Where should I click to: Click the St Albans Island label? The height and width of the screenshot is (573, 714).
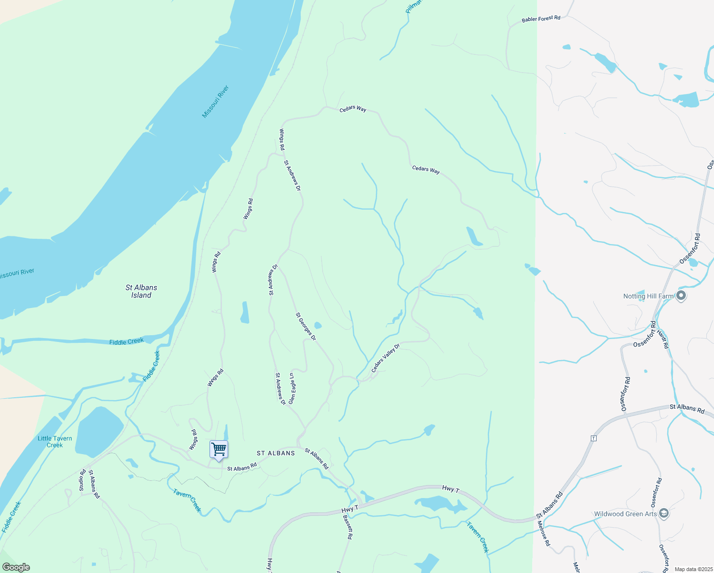[x=141, y=291]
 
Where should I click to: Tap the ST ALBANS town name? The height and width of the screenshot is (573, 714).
[x=276, y=453]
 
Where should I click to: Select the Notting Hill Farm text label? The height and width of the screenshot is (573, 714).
[x=648, y=296]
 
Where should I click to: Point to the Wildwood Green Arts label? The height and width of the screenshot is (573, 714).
[x=625, y=514]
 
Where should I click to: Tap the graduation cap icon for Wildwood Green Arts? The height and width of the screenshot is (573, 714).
[x=663, y=513]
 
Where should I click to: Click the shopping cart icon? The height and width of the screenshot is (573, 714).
[x=219, y=449]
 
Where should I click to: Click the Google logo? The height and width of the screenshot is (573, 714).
[x=16, y=567]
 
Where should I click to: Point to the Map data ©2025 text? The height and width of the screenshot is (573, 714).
[x=693, y=569]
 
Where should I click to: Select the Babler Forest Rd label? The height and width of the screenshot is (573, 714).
[x=541, y=19]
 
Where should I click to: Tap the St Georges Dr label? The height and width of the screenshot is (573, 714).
[x=306, y=327]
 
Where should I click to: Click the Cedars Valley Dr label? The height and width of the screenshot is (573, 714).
[x=385, y=358]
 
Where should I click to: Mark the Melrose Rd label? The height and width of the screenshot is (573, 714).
[x=544, y=533]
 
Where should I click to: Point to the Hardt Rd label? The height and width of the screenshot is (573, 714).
[x=663, y=339]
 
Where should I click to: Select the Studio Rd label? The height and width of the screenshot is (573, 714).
[x=82, y=480]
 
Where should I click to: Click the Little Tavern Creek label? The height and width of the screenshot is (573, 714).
[x=55, y=442]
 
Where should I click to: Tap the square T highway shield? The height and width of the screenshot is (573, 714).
[x=594, y=438]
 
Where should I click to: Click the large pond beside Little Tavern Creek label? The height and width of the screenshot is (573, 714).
[x=99, y=431]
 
